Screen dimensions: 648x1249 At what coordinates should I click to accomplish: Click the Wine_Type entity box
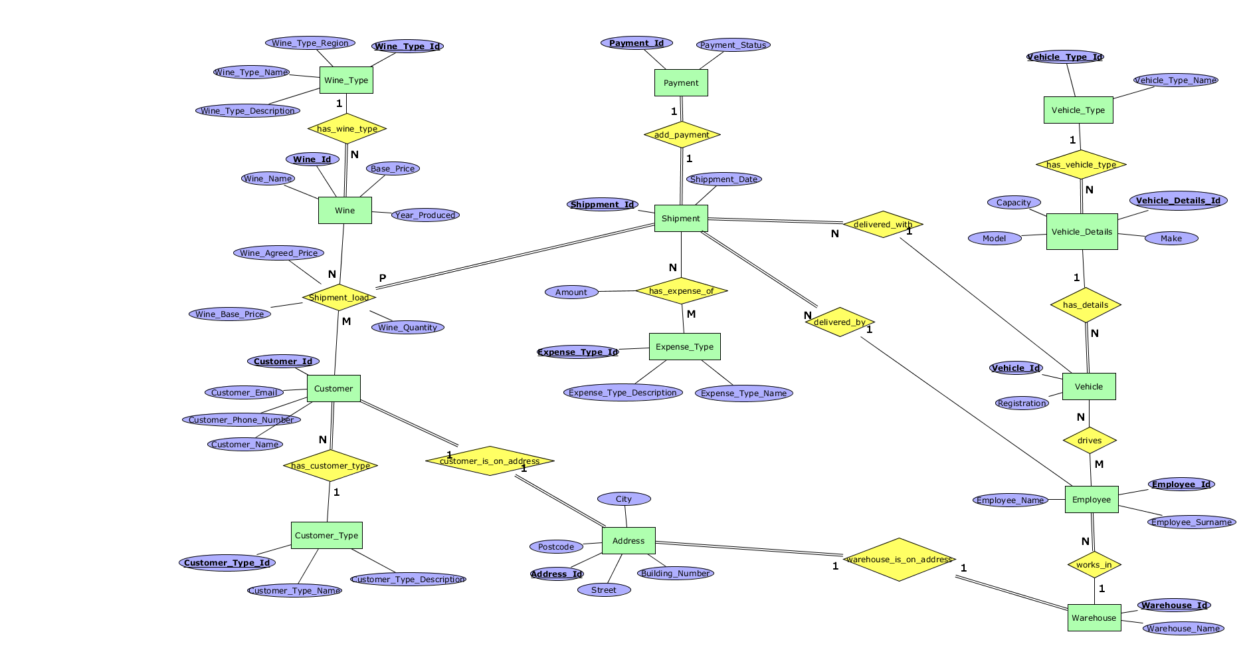coord(346,80)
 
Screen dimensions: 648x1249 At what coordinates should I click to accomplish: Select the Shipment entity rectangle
coord(681,218)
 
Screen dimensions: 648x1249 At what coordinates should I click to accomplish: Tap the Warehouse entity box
coord(1094,617)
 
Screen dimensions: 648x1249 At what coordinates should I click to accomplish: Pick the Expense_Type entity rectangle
coord(684,346)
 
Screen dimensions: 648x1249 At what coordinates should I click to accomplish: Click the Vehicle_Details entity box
coord(1082,231)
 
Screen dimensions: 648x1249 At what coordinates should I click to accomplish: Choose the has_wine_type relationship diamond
coord(347,129)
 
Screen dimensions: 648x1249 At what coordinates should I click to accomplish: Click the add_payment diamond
coord(682,135)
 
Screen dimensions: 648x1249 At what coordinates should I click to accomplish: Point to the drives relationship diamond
coord(1090,440)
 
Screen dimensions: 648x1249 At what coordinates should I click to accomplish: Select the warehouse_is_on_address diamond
coord(899,559)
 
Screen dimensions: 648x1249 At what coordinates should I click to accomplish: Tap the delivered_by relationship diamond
coord(840,322)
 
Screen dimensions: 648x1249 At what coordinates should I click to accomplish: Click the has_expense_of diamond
coord(681,290)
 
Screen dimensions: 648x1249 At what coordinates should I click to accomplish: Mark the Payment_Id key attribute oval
coord(636,43)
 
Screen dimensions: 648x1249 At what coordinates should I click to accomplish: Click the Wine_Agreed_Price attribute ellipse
coord(279,253)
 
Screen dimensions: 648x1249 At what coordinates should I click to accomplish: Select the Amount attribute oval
coord(571,292)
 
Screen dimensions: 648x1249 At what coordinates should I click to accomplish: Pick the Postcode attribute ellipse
coord(556,546)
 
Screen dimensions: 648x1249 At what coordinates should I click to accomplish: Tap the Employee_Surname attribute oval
coord(1192,522)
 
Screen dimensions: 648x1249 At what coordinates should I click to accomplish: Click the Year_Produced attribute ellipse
coord(425,215)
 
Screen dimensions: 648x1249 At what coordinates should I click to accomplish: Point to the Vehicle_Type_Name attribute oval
coord(1176,80)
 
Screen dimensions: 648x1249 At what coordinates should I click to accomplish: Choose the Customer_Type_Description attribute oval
coord(409,579)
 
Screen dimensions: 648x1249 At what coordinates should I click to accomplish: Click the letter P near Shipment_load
coord(383,278)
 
